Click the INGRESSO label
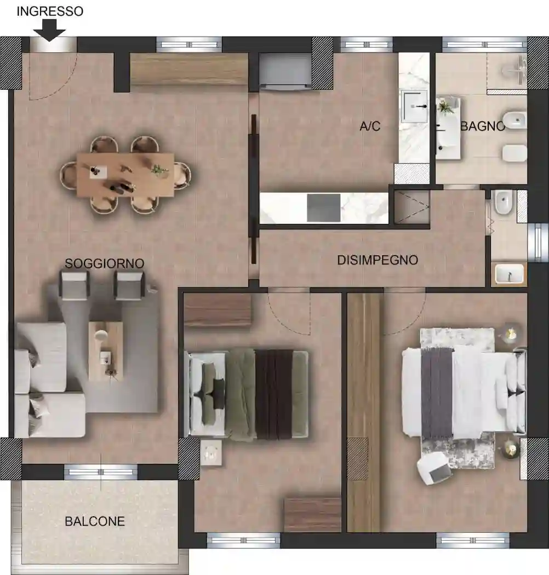[x=50, y=12]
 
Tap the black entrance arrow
[x=49, y=31]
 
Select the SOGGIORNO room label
[x=104, y=263]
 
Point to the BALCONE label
[x=95, y=521]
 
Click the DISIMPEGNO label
[x=378, y=260]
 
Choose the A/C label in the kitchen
[x=370, y=126]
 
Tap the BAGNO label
[x=483, y=126]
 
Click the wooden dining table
[x=125, y=175]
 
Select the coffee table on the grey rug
[x=106, y=352]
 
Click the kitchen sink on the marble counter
[x=414, y=107]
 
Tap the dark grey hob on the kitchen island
[x=324, y=208]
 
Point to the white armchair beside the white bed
[x=434, y=468]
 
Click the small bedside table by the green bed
[x=211, y=453]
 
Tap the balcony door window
[x=101, y=472]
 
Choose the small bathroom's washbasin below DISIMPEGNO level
[x=510, y=274]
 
